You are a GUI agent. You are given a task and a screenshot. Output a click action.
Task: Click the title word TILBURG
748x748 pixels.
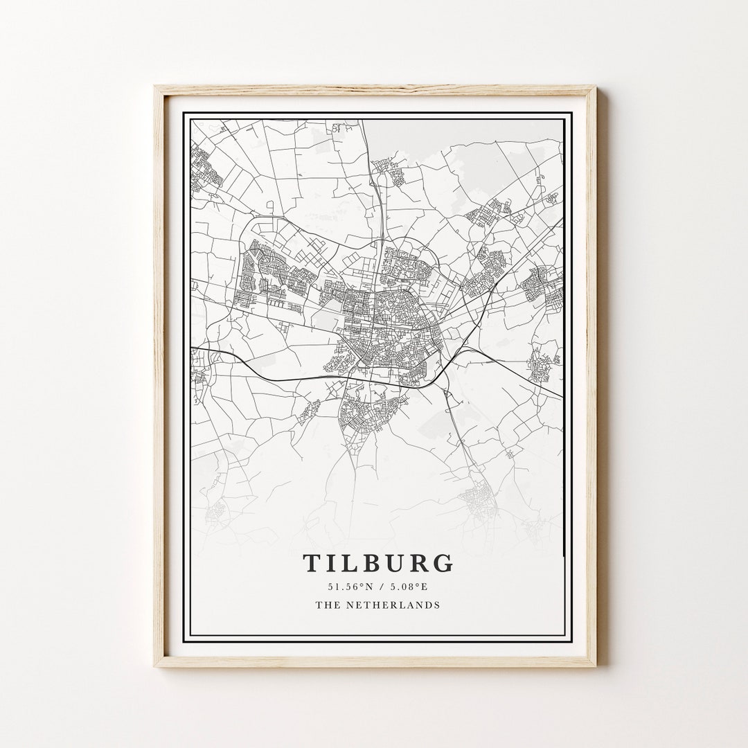378,563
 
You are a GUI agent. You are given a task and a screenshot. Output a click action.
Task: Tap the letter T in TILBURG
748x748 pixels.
311,563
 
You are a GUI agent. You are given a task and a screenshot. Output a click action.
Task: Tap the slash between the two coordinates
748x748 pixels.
377,587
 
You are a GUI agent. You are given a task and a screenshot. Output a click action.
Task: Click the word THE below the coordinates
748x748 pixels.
326,605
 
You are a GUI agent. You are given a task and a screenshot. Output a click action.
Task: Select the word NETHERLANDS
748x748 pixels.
392,605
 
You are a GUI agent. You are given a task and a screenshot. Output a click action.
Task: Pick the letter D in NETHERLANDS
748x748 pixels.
427,605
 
